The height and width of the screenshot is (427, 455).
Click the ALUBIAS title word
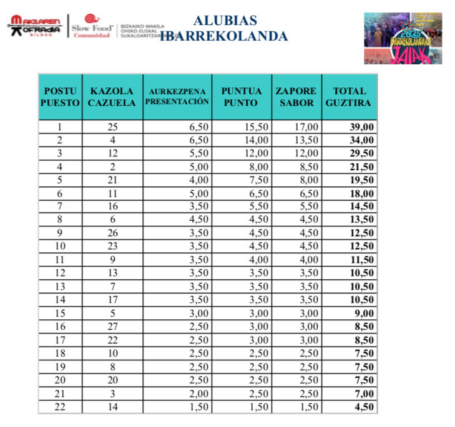[225, 21]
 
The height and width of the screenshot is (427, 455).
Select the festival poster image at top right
[403, 38]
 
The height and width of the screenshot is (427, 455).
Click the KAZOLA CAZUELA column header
[112, 97]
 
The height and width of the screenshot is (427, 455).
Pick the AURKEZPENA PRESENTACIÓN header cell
[177, 97]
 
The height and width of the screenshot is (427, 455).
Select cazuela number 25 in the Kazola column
[112, 127]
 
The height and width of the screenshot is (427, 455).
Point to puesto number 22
[60, 407]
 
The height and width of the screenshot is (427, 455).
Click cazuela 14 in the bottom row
[112, 407]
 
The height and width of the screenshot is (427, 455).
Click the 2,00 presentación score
[198, 394]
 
